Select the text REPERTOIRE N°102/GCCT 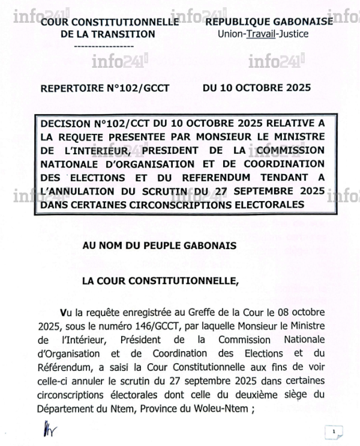[104, 88]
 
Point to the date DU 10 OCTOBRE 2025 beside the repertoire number [257, 87]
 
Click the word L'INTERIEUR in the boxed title [73, 149]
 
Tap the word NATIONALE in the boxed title [70, 163]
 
